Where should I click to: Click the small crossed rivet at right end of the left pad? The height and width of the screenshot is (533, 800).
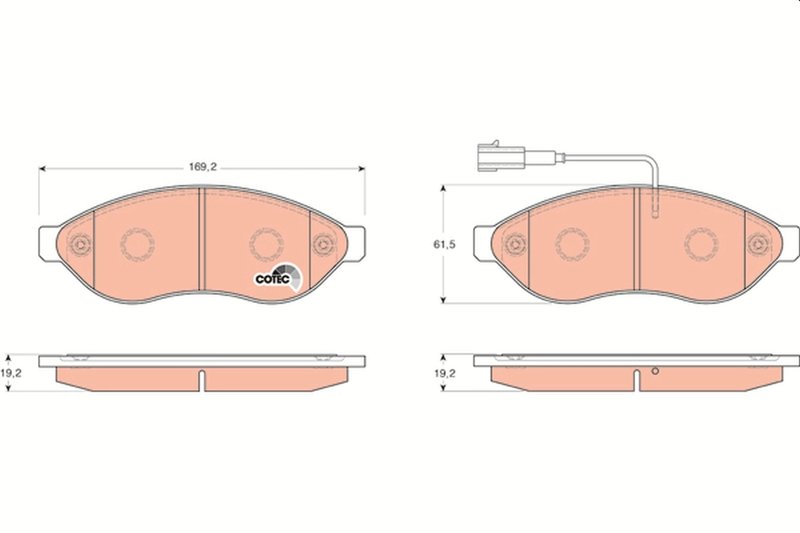point(323,245)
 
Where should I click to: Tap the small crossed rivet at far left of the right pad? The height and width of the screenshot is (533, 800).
point(516,243)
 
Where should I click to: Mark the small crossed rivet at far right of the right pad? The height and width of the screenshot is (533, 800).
point(760,243)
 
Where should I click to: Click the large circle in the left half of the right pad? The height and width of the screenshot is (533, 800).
point(573,243)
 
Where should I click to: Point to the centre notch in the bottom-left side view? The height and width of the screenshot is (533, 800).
point(202,381)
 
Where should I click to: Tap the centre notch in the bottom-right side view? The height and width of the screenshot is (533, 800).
point(637,381)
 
